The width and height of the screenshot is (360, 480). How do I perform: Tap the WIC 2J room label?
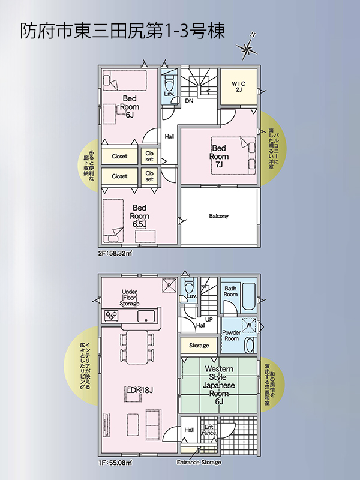click(238, 86)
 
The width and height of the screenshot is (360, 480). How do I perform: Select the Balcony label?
click(218, 216)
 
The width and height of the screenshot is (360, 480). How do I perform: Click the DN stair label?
click(189, 100)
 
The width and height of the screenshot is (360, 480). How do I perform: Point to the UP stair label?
click(209, 320)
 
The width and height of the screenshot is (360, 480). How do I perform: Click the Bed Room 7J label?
click(219, 157)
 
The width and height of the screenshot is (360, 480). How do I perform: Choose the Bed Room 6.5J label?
click(140, 216)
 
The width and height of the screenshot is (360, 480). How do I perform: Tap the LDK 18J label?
click(140, 390)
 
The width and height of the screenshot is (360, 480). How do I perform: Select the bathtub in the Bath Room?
click(248, 296)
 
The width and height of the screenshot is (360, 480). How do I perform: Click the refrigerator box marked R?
click(169, 286)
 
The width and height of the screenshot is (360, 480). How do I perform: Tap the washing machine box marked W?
click(248, 325)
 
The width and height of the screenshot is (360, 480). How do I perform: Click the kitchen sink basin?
click(146, 316)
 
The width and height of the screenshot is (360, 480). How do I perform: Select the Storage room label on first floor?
click(199, 346)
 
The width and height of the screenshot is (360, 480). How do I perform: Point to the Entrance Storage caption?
click(199, 462)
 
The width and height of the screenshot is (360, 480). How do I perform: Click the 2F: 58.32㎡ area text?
click(115, 253)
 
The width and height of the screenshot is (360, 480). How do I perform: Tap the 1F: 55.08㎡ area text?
click(115, 463)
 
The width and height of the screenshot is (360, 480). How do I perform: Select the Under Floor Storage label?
click(129, 298)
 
